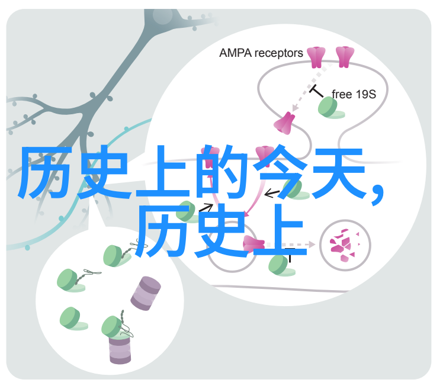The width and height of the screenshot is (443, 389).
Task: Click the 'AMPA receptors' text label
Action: coord(261,53)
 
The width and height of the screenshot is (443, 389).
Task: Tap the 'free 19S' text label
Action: coord(354,94)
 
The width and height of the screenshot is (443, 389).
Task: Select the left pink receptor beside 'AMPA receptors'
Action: coord(316,57)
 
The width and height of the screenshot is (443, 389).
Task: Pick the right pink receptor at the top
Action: coord(345,57)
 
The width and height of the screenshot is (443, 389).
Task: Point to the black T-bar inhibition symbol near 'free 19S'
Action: coord(316,91)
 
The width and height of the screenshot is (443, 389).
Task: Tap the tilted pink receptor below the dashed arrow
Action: coord(284,123)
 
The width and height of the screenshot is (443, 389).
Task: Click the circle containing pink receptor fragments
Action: coord(345,245)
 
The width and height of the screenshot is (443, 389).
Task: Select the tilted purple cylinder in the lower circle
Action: coord(146,294)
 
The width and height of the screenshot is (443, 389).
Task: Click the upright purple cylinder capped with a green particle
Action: coord(120,349)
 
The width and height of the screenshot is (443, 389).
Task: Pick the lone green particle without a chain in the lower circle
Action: coord(73,319)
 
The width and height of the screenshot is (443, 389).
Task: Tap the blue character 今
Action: coord(280,172)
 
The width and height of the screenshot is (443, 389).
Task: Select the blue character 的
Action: coord(221,172)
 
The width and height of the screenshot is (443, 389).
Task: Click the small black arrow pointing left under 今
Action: coord(272,194)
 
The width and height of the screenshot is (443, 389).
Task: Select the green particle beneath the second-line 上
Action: coord(281,265)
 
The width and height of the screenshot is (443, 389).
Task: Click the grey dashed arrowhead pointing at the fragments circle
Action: coord(312,245)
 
